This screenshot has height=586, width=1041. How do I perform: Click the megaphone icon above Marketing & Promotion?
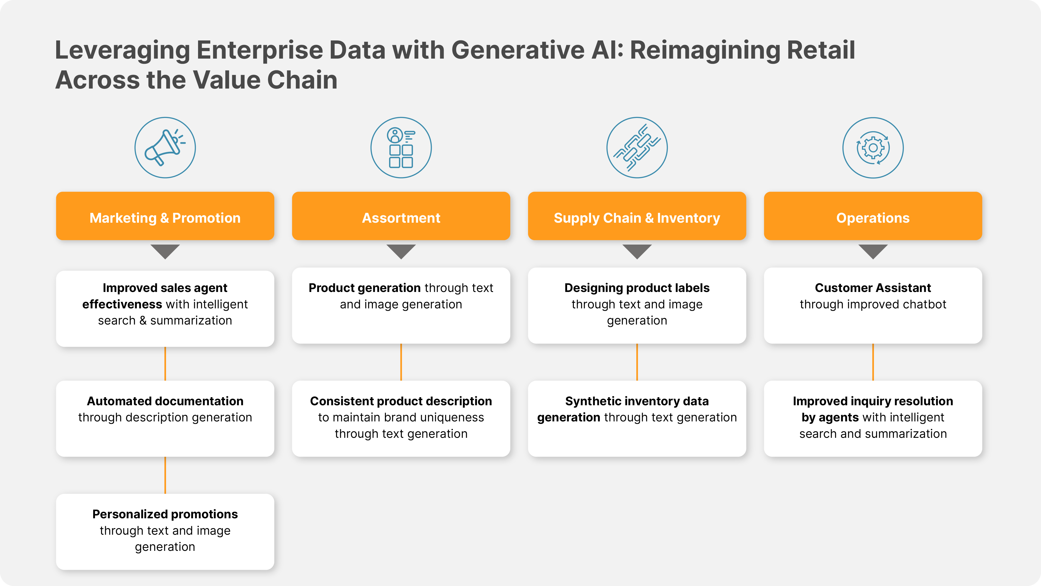[x=165, y=148]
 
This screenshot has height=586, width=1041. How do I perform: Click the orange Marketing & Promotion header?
[x=165, y=216]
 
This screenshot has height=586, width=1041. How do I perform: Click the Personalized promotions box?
[x=165, y=532]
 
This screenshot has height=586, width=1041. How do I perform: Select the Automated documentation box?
[x=165, y=419]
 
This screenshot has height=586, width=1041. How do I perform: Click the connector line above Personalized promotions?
[x=165, y=475]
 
